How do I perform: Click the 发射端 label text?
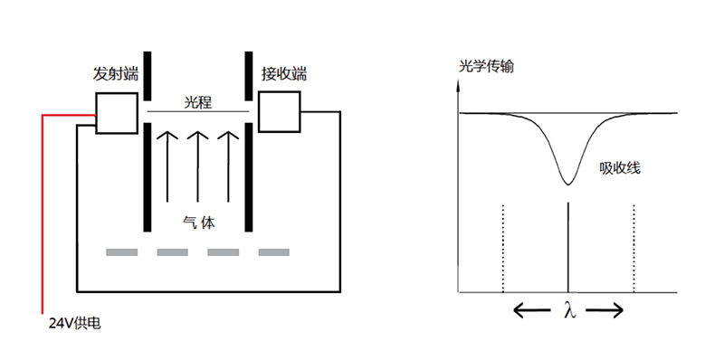coord(113,72)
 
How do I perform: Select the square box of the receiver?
coord(281,111)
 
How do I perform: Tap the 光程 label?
coord(197,101)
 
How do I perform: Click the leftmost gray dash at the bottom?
coord(121,251)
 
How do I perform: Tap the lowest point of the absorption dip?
coord(567,184)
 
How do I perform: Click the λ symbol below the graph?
coord(568,311)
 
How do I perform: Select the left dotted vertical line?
coord(502,249)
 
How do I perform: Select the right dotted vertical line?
coord(633,249)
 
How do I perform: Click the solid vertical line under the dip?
coord(567,249)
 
